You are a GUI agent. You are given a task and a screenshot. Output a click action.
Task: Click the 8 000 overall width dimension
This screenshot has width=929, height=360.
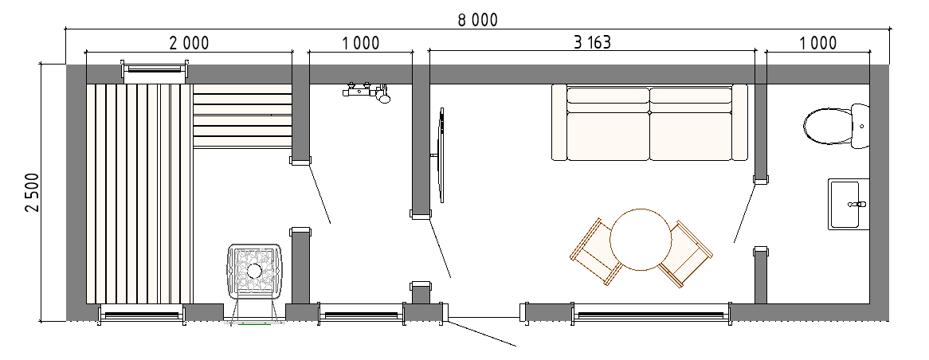477,20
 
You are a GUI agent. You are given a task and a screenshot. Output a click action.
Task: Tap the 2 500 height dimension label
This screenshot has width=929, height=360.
33,192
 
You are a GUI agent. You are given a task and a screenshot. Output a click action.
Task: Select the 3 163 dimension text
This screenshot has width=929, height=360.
592,43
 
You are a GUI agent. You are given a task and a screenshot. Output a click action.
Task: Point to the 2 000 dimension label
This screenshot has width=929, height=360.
189,43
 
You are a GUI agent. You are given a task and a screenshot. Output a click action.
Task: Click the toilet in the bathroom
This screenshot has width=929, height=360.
836,126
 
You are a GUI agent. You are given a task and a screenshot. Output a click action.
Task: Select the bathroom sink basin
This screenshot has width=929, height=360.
849,204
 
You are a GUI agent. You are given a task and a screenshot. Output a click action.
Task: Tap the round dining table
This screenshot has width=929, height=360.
641,239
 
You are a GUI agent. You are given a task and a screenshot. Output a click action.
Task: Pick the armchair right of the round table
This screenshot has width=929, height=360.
686,254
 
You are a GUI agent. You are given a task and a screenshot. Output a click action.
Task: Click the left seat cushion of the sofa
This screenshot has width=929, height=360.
608,136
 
